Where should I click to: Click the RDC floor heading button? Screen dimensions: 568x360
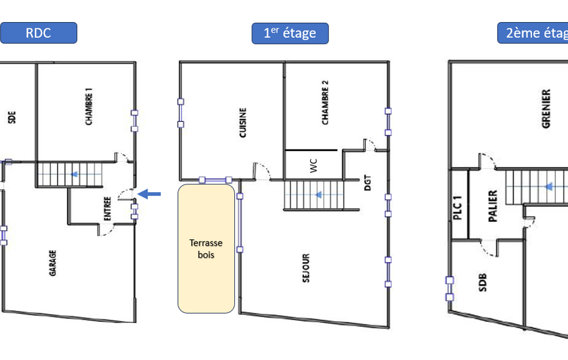[38, 33]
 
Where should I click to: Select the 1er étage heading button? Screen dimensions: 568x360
[290, 33]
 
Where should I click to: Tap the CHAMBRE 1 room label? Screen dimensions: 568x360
[89, 106]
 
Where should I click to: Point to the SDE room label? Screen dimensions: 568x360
[12, 117]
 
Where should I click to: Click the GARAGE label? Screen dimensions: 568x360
[53, 263]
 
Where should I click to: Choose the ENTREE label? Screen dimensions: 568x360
[107, 209]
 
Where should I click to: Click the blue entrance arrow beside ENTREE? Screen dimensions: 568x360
[149, 194]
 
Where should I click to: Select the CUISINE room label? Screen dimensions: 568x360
[243, 123]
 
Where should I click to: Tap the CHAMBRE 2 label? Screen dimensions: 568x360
[325, 102]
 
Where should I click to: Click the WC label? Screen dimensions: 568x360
[314, 166]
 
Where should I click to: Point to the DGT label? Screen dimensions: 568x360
[368, 183]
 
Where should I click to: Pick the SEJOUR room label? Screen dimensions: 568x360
[306, 268]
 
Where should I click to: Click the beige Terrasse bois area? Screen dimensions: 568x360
[206, 249]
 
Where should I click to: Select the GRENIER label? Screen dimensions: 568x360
[546, 109]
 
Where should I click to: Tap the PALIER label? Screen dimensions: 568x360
[493, 206]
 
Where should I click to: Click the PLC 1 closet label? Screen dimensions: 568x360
[458, 208]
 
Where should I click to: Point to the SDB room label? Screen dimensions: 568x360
[483, 283]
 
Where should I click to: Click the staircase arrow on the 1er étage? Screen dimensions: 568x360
[319, 195]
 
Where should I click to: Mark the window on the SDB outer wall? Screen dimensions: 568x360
[449, 289]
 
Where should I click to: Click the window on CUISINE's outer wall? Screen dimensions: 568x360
[181, 113]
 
